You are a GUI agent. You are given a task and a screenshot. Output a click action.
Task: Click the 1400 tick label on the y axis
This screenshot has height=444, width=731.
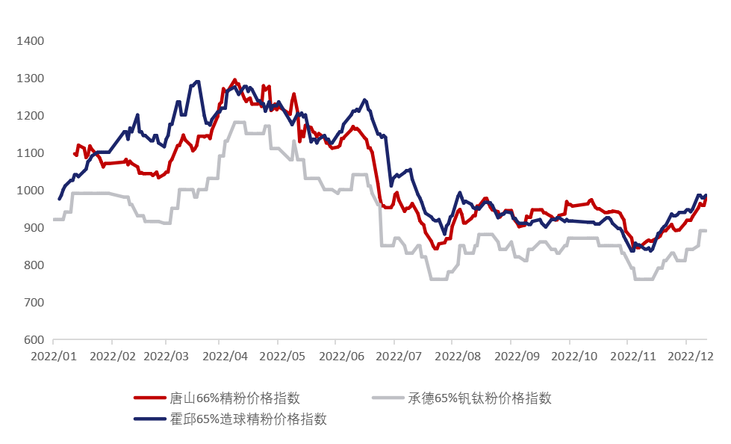[x=31, y=41]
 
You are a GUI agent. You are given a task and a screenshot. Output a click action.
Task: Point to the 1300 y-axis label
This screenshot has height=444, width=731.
[x=31, y=78]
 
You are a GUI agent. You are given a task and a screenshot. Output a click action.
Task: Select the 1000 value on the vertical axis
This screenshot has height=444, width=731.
[x=31, y=191]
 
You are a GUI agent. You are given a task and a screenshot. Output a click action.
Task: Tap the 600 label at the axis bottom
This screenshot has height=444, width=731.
[x=34, y=340]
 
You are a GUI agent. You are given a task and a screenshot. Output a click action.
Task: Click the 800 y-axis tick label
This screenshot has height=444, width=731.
[x=34, y=265]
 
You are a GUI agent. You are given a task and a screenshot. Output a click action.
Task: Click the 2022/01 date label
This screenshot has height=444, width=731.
[x=54, y=357]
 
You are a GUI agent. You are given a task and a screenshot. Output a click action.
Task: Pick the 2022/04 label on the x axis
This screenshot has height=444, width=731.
[x=225, y=357]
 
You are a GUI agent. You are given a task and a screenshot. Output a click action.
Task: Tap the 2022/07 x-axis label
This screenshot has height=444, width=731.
[x=399, y=357]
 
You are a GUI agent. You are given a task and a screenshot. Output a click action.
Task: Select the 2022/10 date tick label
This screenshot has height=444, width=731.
[x=574, y=357]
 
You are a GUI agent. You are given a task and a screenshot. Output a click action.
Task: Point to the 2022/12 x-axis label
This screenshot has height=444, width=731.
[x=691, y=357]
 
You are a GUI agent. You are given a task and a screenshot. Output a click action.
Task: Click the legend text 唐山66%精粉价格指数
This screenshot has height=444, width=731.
[x=235, y=398]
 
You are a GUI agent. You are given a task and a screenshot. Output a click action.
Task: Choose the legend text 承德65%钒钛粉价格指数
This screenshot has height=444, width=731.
[x=479, y=398]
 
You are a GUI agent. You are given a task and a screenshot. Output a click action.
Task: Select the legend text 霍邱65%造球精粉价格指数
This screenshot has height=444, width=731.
[x=249, y=419]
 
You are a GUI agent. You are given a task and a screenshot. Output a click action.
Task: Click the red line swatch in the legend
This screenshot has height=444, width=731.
[x=149, y=398]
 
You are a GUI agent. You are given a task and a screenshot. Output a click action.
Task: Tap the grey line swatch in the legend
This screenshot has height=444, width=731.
[x=388, y=398]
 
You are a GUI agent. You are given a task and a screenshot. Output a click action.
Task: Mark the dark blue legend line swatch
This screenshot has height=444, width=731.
[x=149, y=419]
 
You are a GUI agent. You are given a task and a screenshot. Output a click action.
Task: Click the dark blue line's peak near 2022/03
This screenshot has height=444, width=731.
[x=198, y=81]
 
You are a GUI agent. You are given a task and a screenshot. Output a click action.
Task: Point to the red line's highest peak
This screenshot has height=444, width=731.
[x=234, y=80]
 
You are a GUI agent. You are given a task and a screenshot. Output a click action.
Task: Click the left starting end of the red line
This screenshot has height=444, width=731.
[x=74, y=153]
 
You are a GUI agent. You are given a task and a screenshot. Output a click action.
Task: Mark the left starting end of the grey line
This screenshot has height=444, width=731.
[x=54, y=220]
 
